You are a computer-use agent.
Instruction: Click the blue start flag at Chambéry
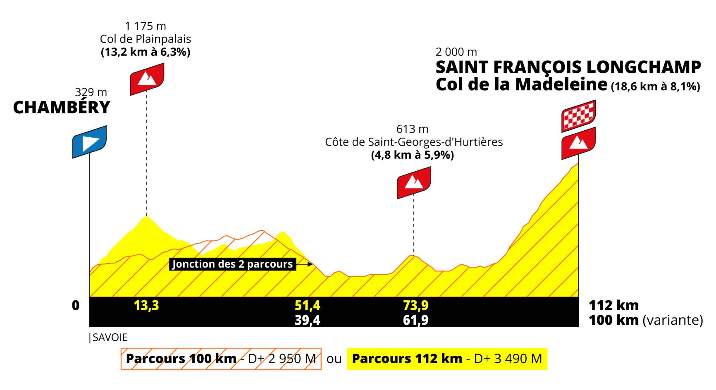coord(89,142)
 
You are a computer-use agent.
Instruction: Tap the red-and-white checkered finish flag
coord(578,116)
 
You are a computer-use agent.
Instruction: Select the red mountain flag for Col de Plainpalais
coord(147,79)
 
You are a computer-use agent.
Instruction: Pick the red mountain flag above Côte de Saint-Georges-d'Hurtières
coord(414,183)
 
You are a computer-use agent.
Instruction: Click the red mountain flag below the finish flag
coord(578,143)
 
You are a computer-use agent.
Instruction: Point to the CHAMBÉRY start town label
coord(61,107)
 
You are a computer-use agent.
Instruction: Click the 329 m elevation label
coord(91,92)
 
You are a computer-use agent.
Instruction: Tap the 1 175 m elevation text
coord(145,26)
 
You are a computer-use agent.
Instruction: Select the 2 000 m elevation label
coord(456,52)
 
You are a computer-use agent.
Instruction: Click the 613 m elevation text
coord(412,129)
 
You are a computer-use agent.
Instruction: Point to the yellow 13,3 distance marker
coord(146,306)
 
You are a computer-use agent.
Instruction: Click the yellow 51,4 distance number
coord(307,306)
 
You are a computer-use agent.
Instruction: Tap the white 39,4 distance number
coord(307,320)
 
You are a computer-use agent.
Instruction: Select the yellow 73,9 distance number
coord(416,306)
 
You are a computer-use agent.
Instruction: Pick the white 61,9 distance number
coord(416,320)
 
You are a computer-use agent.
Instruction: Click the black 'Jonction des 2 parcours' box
coord(233,264)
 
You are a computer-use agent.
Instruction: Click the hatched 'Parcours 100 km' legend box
coord(221,359)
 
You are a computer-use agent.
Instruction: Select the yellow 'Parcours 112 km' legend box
coord(447,359)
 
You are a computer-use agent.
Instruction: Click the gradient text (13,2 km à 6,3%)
coord(146,52)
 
